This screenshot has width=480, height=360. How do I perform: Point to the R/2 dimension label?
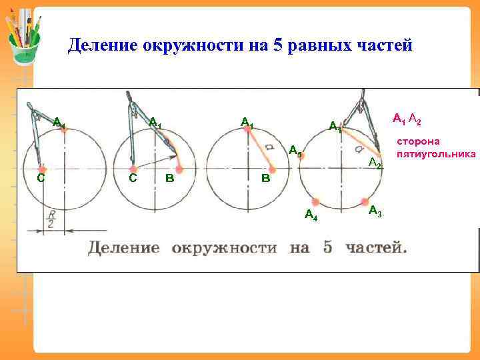[x=51, y=219]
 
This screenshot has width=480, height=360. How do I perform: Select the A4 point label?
[x=311, y=215]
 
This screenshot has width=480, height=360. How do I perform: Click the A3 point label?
[x=375, y=211]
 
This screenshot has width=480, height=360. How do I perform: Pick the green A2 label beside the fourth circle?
[x=375, y=163]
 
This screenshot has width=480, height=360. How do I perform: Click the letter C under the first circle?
[x=41, y=178]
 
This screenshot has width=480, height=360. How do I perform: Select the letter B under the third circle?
[x=265, y=179]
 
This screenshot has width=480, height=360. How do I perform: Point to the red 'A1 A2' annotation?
[x=406, y=119]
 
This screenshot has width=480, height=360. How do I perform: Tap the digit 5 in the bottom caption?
[x=327, y=248]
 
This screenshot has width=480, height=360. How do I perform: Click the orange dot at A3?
[x=365, y=201]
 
